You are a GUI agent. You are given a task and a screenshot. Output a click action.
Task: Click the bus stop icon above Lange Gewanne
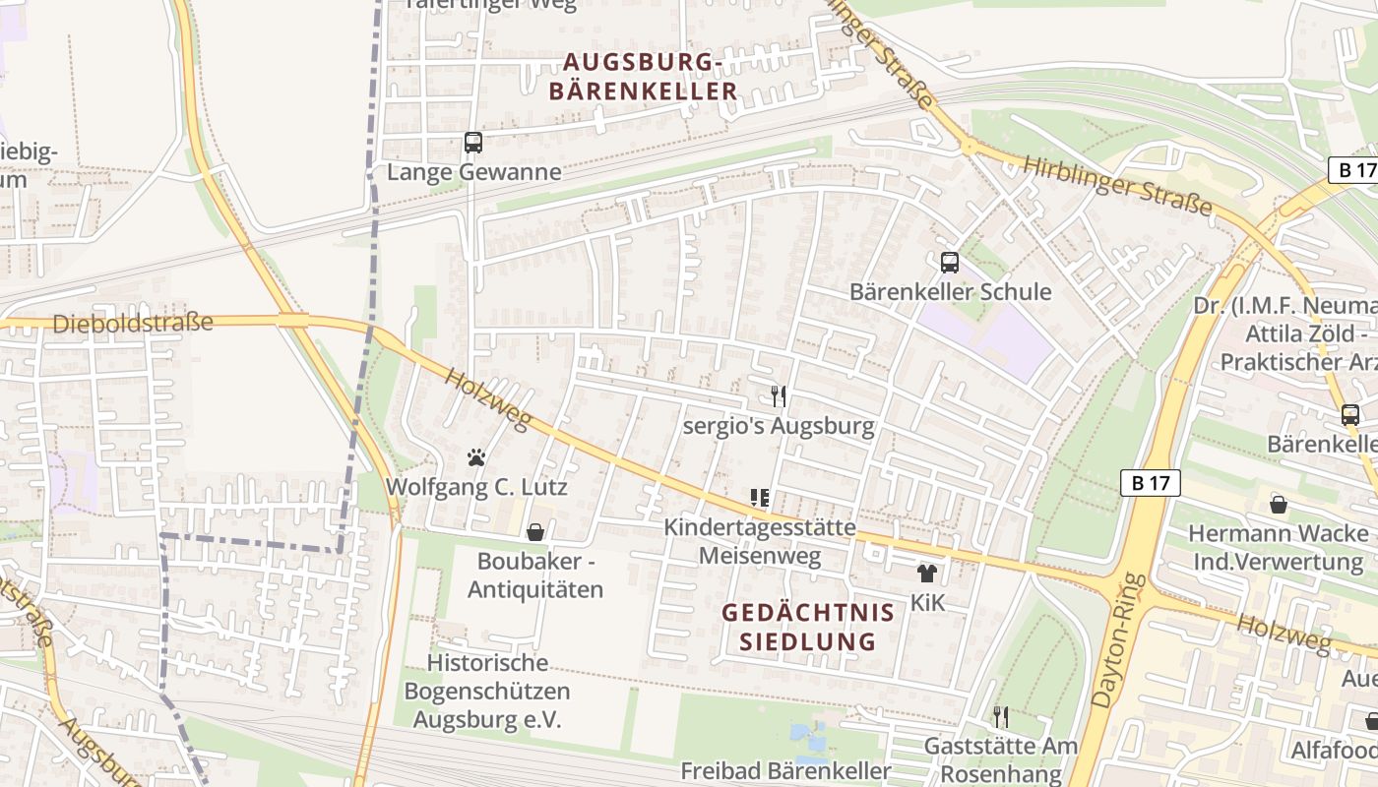[473, 143]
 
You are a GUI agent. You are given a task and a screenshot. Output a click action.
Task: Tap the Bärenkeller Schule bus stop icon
[950, 263]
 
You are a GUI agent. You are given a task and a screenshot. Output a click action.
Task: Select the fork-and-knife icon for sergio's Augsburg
[779, 396]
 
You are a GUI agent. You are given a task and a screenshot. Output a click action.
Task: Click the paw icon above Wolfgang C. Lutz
[476, 457]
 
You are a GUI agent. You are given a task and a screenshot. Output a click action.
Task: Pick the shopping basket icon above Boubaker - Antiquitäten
[535, 532]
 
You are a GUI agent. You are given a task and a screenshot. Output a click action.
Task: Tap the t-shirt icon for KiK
[926, 574]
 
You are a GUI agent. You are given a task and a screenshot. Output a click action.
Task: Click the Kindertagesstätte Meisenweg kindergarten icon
[759, 498]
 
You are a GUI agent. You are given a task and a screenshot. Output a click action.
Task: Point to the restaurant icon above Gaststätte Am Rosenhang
[1001, 716]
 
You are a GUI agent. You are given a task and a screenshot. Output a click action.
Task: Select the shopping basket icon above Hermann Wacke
[1278, 505]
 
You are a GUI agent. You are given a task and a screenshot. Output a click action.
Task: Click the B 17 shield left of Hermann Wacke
[1151, 483]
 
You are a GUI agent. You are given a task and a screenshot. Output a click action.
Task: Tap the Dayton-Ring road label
[1115, 639]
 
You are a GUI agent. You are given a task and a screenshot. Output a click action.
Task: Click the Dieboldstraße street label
[133, 323]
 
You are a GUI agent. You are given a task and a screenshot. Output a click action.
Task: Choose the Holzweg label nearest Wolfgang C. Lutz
[487, 398]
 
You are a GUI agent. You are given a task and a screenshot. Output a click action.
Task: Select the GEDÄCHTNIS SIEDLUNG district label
[808, 627]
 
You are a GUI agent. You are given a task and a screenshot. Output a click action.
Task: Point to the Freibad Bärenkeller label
[785, 770]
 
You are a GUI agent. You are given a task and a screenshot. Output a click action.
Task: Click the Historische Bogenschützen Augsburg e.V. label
[487, 691]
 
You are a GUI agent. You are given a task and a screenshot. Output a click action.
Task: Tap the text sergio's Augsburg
[779, 426]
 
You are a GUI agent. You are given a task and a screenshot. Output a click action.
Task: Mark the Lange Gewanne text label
[474, 172]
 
